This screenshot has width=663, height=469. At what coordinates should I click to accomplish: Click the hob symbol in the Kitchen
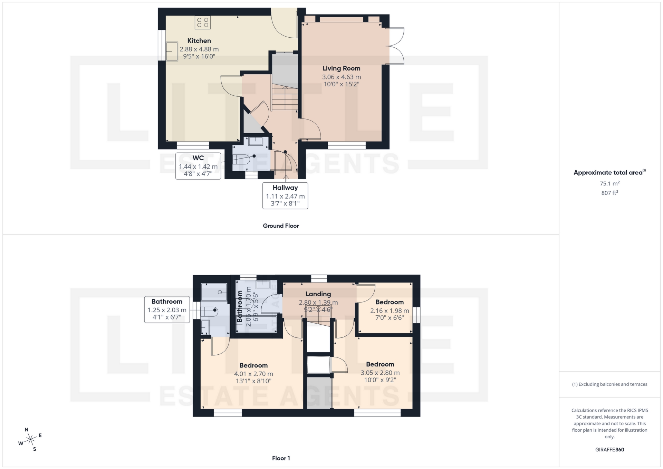(203, 23)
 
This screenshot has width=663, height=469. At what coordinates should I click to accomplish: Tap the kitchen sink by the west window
(172, 51)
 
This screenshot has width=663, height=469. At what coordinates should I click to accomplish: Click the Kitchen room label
(199, 41)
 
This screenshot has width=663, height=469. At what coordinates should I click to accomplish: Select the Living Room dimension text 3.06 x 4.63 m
(341, 77)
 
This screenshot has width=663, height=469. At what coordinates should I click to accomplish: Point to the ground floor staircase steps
(285, 98)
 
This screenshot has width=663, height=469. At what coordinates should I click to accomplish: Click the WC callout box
(198, 166)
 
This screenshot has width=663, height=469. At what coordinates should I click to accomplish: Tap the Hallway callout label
(285, 188)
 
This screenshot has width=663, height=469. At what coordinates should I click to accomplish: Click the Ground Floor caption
(281, 226)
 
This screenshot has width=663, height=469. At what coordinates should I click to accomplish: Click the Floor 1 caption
(281, 458)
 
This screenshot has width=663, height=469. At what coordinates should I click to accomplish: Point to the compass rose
(31, 440)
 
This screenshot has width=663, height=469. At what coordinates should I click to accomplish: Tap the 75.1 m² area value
(609, 184)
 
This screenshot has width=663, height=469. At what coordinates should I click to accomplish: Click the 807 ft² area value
(609, 193)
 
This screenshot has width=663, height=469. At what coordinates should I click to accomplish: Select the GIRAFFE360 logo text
(609, 450)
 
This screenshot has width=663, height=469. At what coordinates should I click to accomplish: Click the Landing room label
(318, 294)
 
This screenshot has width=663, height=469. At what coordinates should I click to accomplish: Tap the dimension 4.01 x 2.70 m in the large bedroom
(253, 374)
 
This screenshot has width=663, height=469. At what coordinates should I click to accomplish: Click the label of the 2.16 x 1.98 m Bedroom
(390, 302)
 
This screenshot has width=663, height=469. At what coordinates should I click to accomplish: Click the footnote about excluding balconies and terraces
(609, 384)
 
